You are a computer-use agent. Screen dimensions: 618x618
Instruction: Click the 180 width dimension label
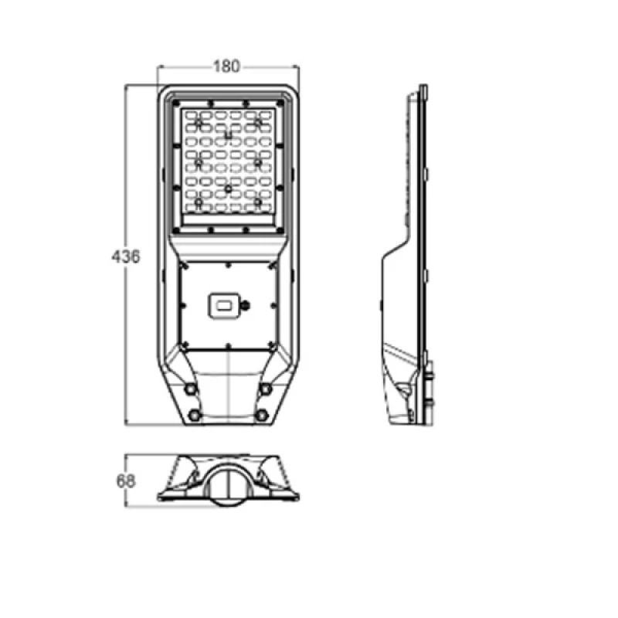pyautogui.click(x=226, y=66)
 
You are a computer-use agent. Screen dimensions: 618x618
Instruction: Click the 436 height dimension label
pyautogui.click(x=126, y=256)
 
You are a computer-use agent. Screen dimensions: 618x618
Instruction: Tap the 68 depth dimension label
pyautogui.click(x=126, y=480)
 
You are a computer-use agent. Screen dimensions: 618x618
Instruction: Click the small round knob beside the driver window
pyautogui.click(x=246, y=304)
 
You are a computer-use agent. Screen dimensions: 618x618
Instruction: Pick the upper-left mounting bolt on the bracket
pyautogui.click(x=191, y=389)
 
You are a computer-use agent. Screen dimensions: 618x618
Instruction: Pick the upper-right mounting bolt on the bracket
pyautogui.click(x=266, y=389)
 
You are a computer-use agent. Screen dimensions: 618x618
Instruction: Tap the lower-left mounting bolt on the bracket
pyautogui.click(x=195, y=415)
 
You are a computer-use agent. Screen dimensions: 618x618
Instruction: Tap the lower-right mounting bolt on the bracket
pyautogui.click(x=262, y=415)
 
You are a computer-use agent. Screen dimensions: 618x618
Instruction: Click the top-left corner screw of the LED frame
pyautogui.click(x=176, y=104)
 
